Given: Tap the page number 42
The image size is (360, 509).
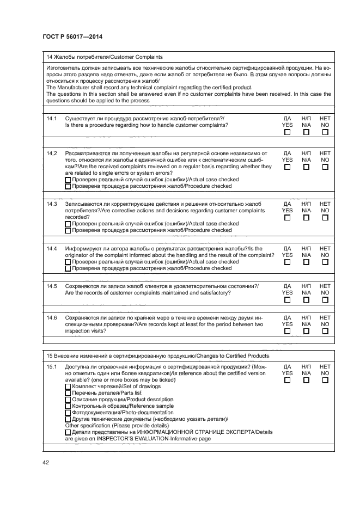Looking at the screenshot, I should point(46,463).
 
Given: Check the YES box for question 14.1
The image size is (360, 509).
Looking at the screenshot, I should point(287,132).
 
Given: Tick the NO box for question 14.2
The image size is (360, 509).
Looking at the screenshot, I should point(325,167).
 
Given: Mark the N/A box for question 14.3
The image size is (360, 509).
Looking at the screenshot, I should point(306,217).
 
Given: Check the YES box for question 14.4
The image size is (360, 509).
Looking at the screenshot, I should point(287,262).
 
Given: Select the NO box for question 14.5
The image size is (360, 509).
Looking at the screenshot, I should point(325,300).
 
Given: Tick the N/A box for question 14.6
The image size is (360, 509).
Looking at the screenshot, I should point(306,330).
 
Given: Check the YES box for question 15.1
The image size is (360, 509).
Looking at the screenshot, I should point(287,381).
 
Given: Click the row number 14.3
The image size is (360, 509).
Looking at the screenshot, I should point(52,204).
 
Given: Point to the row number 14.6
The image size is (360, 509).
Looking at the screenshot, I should point(52,317).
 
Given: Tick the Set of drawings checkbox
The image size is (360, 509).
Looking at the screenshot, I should point(68,387).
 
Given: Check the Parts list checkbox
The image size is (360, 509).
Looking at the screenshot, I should point(68,393).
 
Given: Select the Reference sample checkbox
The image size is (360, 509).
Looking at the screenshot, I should point(68,406).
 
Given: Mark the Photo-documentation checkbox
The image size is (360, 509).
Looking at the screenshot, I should point(68,413).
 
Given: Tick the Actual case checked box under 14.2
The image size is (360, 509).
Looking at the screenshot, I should point(68,180).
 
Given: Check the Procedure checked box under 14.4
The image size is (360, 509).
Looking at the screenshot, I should point(68,268).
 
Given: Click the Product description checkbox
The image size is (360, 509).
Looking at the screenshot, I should point(68,400).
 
